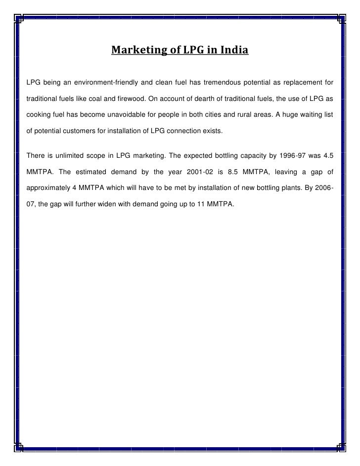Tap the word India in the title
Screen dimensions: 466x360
coord(234,50)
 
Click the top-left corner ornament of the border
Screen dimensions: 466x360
coord(18,19)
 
